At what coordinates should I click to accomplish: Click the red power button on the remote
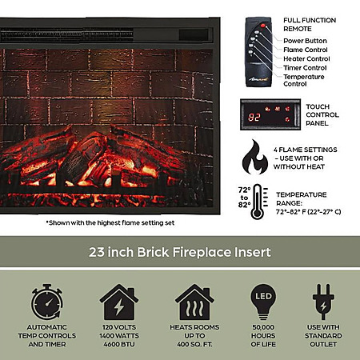[262, 26]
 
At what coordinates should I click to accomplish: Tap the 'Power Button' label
[305, 41]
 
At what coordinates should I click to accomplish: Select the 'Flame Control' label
[306, 50]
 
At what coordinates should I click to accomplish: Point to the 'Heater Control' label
[306, 58]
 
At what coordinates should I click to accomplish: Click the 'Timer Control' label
[305, 68]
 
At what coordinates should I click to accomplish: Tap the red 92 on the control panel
[254, 117]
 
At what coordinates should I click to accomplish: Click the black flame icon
[255, 157]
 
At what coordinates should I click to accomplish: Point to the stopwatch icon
[47, 302]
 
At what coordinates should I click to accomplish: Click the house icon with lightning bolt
[119, 302]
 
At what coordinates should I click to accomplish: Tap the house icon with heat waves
[194, 302]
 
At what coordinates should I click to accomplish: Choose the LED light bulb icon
[263, 302]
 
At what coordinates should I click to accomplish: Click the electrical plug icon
[323, 302]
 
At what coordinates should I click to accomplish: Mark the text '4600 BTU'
[119, 344]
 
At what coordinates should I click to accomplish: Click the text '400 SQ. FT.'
[194, 344]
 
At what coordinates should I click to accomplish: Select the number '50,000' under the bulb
[263, 327]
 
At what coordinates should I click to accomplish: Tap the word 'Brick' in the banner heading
[153, 252]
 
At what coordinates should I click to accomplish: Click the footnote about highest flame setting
[110, 222]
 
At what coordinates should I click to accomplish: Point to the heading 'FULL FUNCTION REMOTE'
[310, 25]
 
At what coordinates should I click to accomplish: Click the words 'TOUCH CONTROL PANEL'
[322, 115]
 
